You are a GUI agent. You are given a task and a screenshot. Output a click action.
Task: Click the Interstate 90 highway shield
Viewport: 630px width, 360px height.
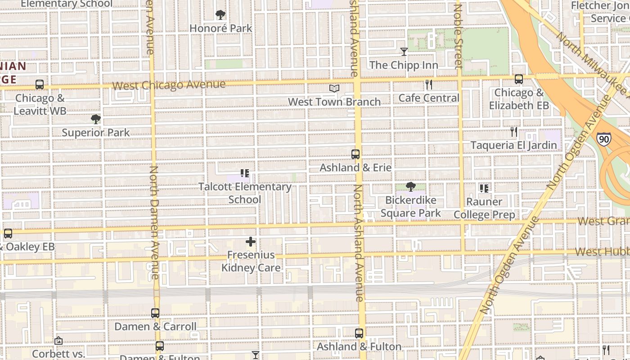coord(604,139)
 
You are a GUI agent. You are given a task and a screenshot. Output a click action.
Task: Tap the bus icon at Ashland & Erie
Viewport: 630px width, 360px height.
coord(355,154)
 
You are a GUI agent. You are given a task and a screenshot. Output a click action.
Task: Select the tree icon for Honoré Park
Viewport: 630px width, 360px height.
coord(220,15)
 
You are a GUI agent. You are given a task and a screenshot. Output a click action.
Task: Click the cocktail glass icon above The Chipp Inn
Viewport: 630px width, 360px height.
coord(404,52)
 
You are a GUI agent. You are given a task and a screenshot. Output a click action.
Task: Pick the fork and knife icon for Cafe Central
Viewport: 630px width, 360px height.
coord(429,84)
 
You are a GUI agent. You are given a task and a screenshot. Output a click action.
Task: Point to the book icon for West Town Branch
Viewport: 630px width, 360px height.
coord(334,89)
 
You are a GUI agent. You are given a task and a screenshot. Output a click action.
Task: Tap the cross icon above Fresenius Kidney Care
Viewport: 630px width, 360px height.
coord(251,242)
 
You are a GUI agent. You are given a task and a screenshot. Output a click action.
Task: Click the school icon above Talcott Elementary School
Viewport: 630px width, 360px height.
coord(245,173)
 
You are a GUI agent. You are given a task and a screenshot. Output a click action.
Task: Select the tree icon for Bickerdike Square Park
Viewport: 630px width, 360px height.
coord(410,187)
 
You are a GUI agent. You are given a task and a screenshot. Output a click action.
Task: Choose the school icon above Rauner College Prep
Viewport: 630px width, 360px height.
coord(484,188)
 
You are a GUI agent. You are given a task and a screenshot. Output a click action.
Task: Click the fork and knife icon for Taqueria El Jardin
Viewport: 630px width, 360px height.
coord(514,132)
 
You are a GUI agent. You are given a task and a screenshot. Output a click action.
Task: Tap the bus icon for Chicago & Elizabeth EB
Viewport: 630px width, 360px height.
coord(519,79)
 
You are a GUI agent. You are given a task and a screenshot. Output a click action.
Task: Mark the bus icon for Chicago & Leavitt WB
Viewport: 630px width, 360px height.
coord(40,85)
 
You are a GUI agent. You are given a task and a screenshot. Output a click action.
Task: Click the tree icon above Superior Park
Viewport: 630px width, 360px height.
coord(95,119)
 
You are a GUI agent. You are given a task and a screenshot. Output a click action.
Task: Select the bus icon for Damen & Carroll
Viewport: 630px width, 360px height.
coord(155,313)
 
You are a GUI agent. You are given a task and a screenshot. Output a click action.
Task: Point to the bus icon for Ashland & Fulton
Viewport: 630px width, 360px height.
coord(359,333)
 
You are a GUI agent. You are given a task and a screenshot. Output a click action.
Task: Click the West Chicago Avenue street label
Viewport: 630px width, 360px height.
coord(169,85)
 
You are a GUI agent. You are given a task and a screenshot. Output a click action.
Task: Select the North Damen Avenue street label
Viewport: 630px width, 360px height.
coord(154,223)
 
